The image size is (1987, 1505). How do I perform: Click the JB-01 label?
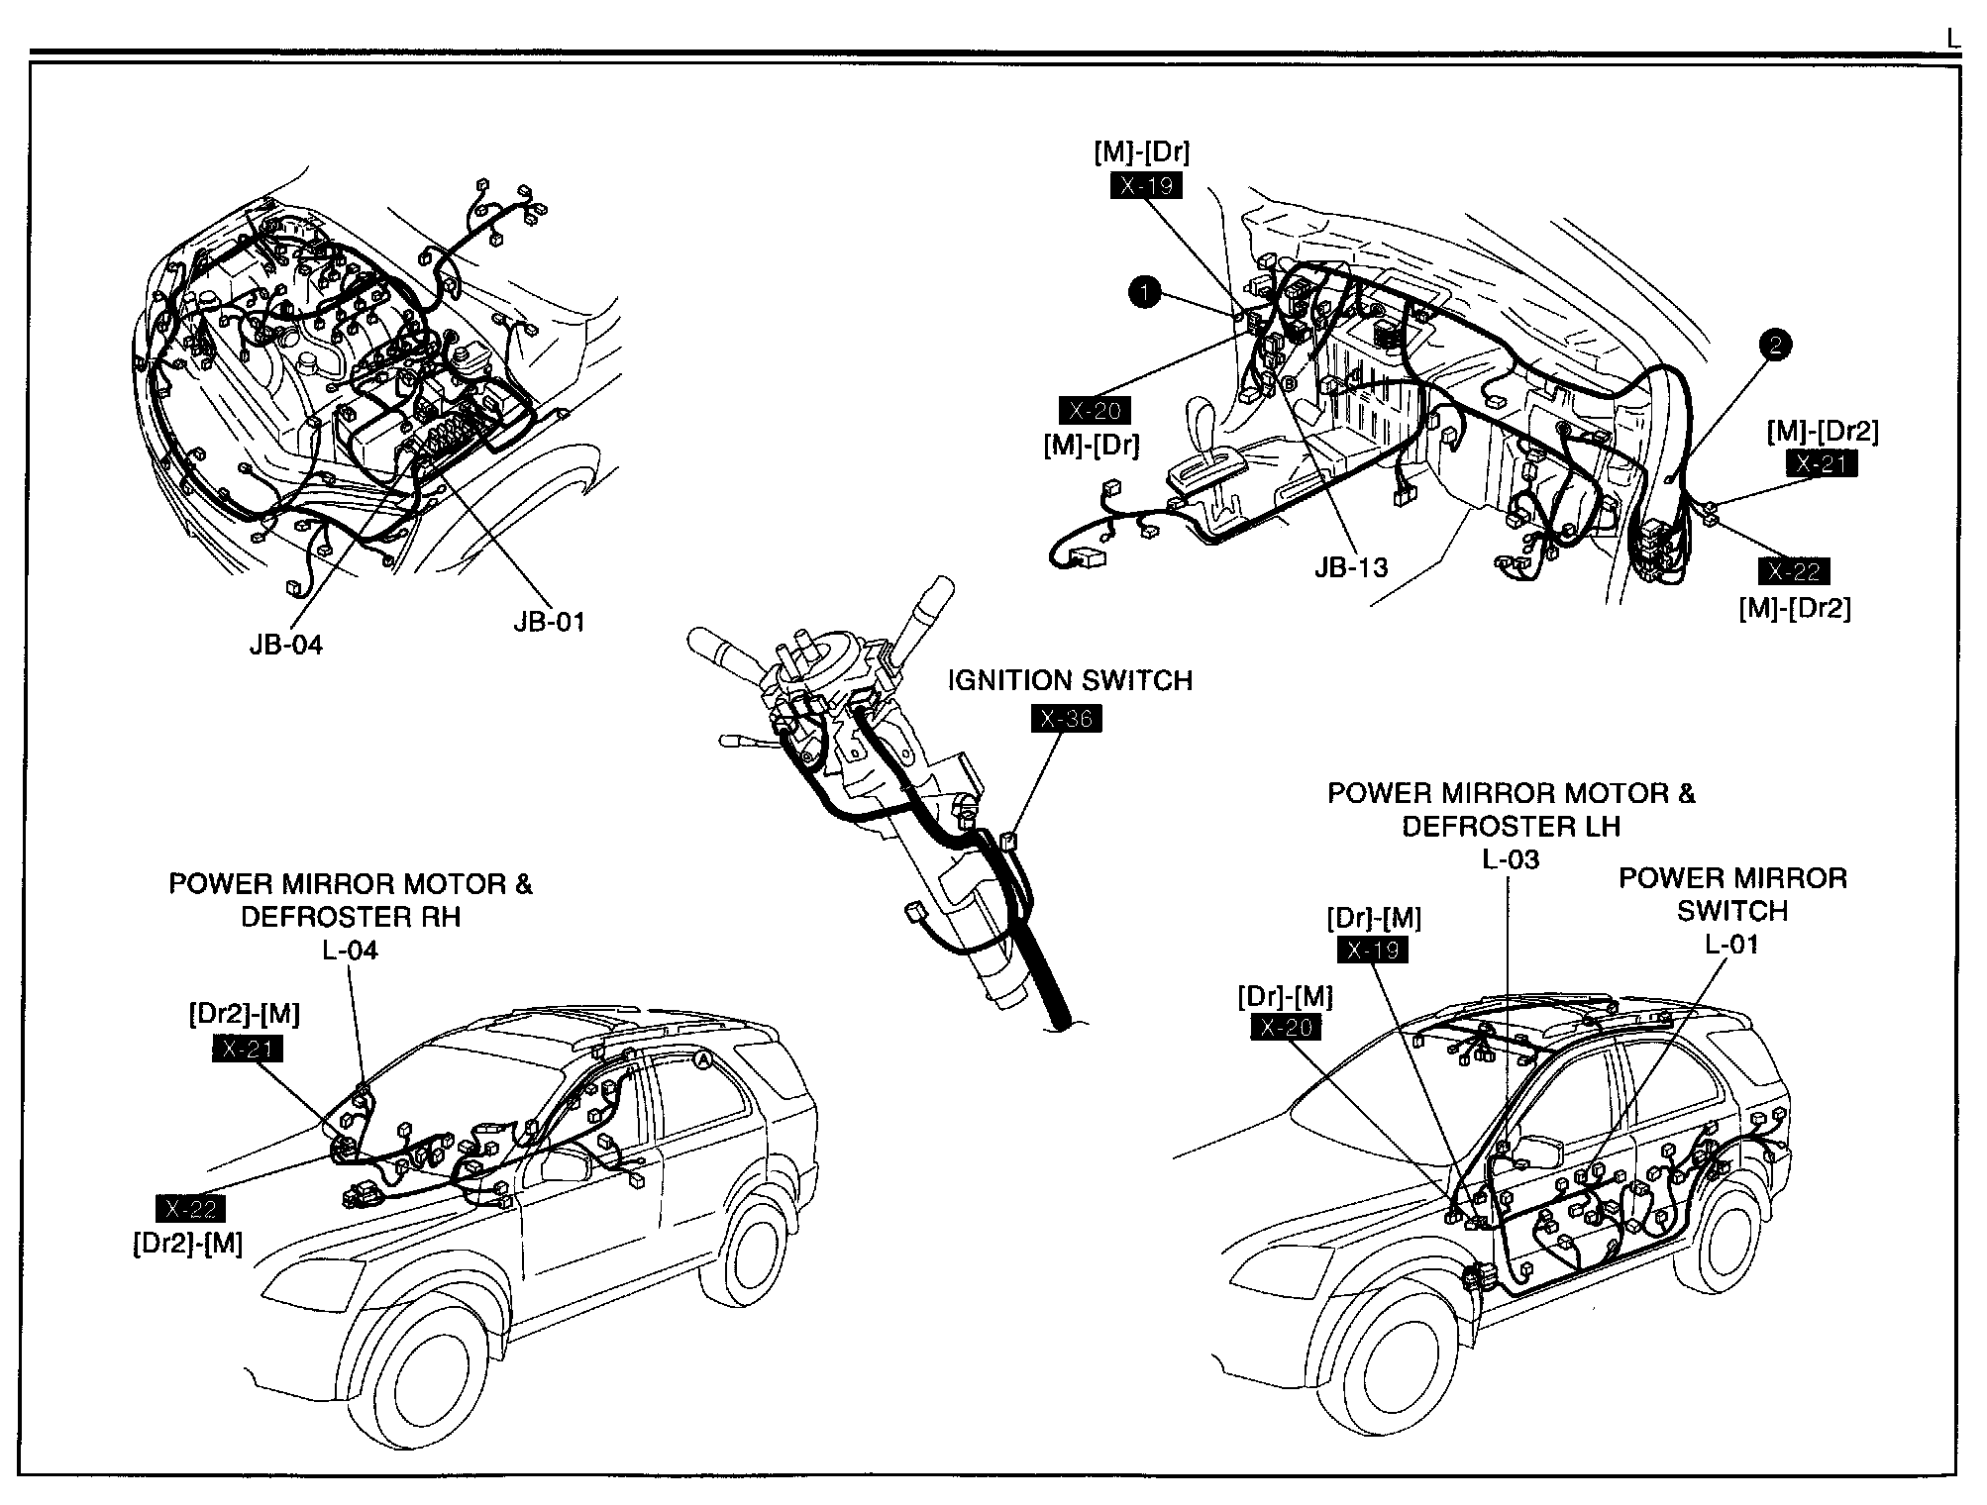(549, 622)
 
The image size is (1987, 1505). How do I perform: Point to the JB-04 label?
(286, 645)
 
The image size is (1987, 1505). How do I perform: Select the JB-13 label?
(1351, 566)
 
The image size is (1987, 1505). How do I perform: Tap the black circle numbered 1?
(1144, 292)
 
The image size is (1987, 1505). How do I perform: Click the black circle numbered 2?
(1775, 345)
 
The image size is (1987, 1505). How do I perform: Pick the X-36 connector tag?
(1066, 719)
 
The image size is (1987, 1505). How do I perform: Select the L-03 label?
(1511, 859)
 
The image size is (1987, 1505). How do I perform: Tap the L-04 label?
(350, 951)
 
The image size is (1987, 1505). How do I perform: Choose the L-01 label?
(1731, 944)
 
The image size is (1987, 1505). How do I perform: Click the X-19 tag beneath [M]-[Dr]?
(1146, 186)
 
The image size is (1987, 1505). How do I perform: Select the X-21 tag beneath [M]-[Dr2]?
(1822, 463)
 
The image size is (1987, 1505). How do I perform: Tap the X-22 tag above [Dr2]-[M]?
(190, 1208)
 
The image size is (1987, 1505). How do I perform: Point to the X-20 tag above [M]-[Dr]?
(1095, 411)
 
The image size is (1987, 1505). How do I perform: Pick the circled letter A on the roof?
(702, 1059)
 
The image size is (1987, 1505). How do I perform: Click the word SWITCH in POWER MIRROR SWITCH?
(1731, 911)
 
